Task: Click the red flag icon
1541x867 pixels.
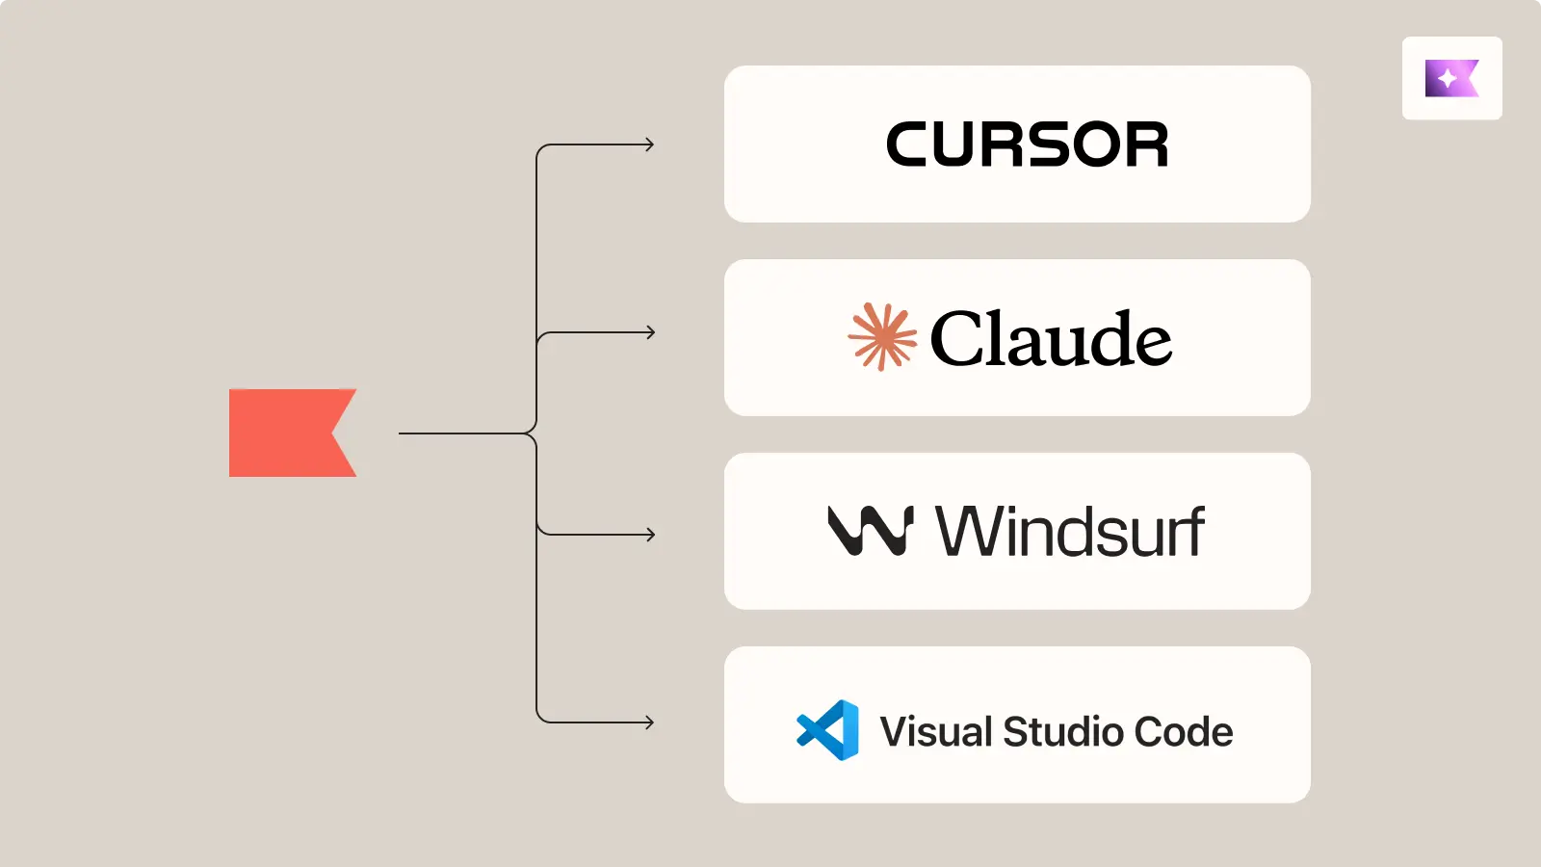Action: pos(284,433)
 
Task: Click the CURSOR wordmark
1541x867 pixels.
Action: pos(1027,144)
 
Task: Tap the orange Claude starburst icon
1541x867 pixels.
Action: pos(881,337)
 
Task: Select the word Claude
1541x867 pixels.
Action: pos(1051,339)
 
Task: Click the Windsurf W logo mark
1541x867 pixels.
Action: pos(870,531)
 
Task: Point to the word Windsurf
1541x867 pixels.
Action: pos(1069,532)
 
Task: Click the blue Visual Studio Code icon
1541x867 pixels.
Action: pos(828,730)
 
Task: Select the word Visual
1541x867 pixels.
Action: pos(935,732)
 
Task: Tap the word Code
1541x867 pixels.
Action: pos(1184,732)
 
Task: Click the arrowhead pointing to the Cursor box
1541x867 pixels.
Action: pos(650,144)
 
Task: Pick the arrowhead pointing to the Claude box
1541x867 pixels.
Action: pos(650,332)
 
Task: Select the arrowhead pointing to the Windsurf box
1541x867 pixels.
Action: pos(650,534)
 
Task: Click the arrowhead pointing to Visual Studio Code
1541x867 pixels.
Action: pos(650,722)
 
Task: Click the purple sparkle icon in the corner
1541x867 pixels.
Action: pos(1451,78)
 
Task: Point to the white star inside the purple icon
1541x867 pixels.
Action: pos(1447,79)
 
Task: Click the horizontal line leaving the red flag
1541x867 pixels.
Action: pos(462,433)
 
